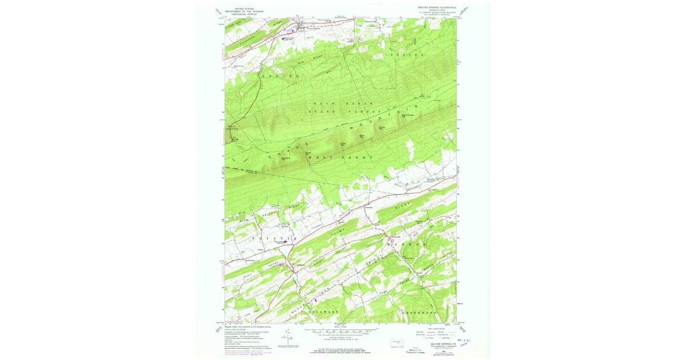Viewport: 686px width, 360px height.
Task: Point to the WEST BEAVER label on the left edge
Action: tap(232, 129)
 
